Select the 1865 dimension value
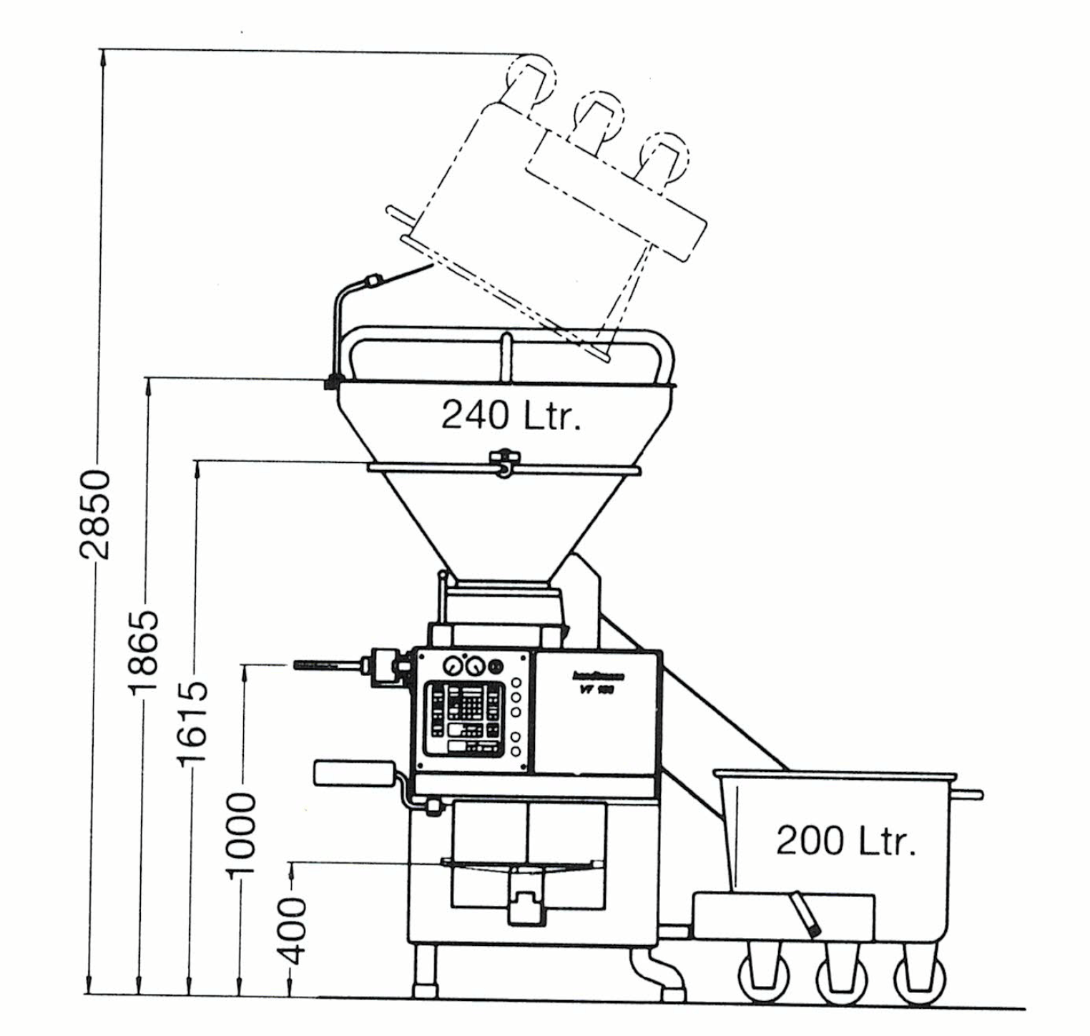(x=142, y=651)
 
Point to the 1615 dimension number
(x=192, y=723)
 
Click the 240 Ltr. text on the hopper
(x=511, y=415)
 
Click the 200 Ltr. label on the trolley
(x=845, y=841)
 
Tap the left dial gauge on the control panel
(x=453, y=668)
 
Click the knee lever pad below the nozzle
(x=353, y=773)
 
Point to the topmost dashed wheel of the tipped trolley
(x=530, y=78)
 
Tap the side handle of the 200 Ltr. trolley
(x=970, y=794)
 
